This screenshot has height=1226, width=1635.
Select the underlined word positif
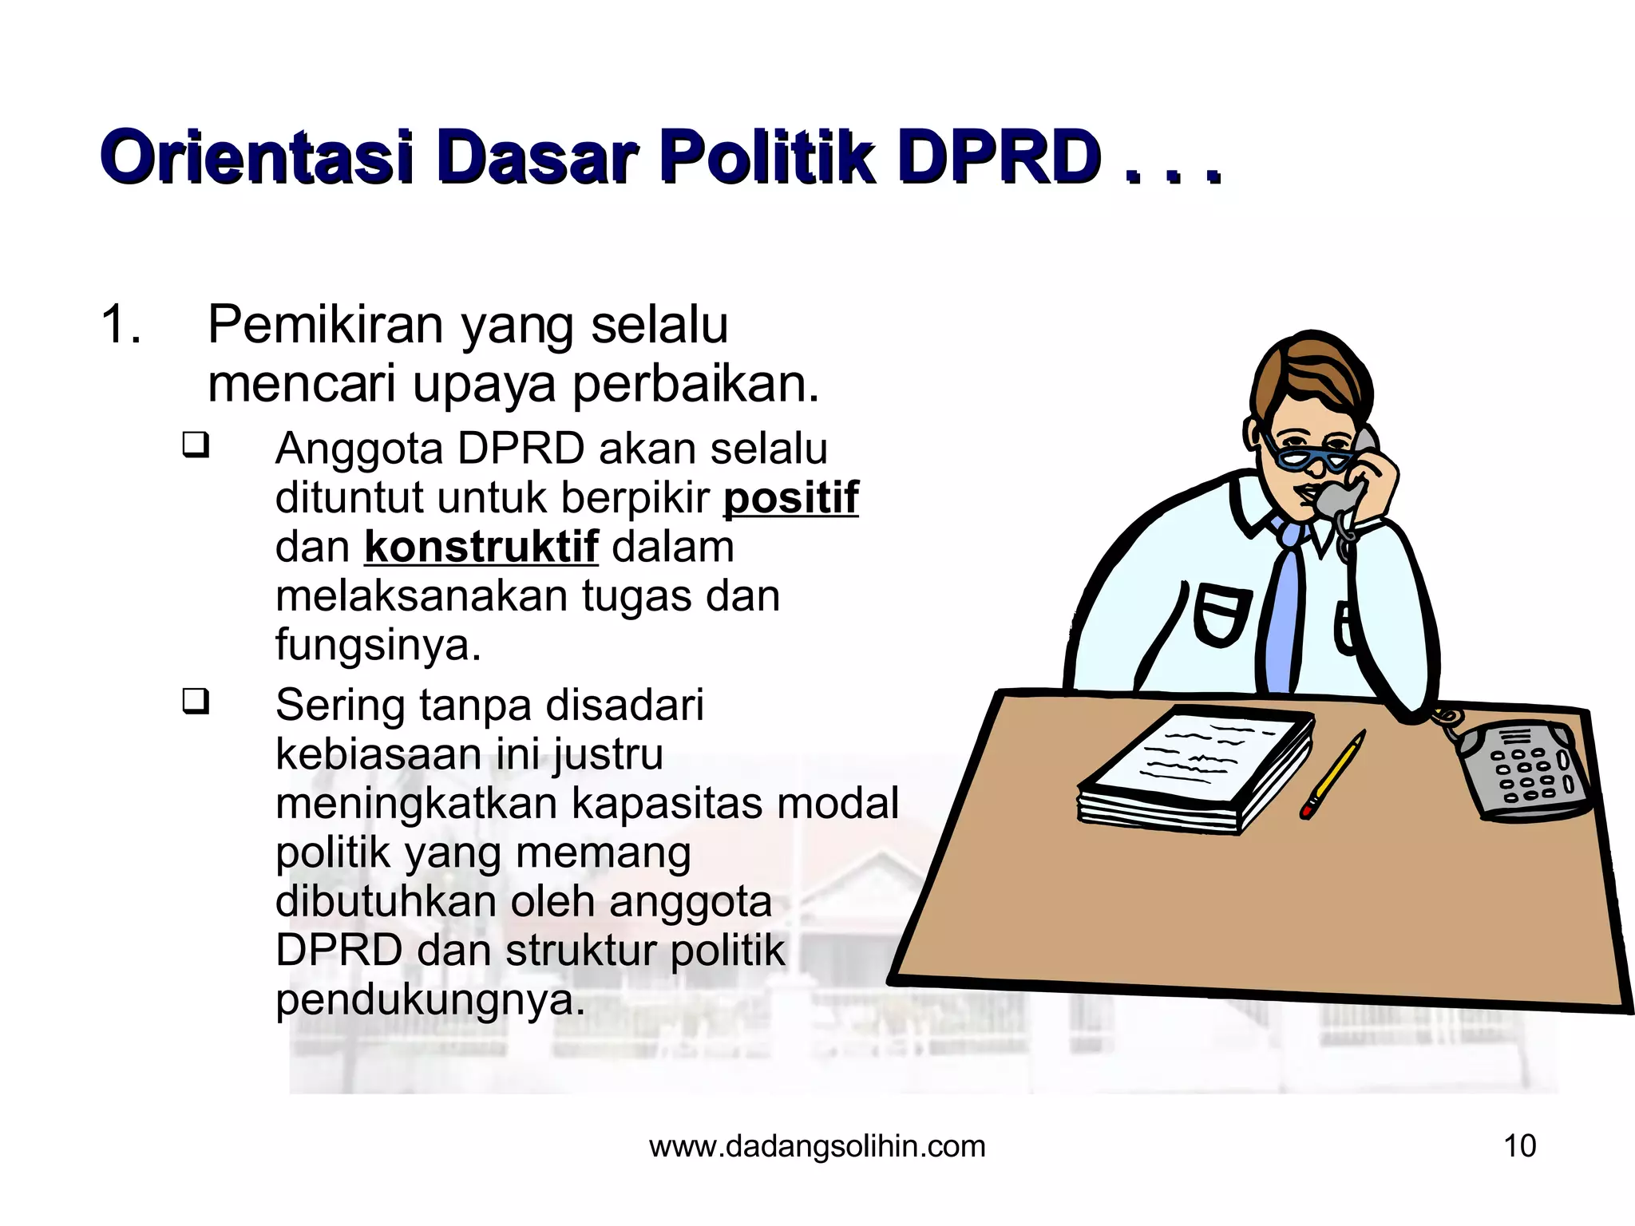[790, 498]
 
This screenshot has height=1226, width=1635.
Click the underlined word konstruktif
[481, 548]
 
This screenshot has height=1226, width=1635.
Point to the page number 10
[1519, 1146]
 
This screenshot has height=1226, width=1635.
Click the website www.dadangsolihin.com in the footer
[817, 1146]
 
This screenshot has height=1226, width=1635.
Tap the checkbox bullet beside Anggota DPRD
[196, 445]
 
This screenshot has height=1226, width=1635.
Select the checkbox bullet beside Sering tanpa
[196, 702]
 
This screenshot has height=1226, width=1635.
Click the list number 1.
[121, 326]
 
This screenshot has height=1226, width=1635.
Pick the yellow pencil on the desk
[1332, 774]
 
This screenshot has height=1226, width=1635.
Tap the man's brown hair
[1309, 375]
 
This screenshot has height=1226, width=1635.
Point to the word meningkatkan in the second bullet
[415, 803]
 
